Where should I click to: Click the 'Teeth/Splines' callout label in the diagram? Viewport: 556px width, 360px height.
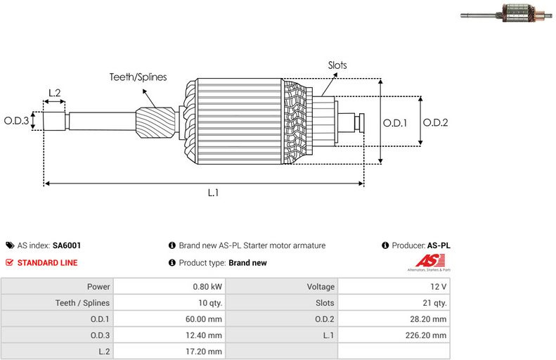[138, 77]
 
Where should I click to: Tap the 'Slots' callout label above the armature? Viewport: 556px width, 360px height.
[337, 65]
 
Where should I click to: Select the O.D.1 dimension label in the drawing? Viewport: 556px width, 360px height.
[395, 123]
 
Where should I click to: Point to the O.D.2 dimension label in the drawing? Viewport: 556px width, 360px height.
[435, 123]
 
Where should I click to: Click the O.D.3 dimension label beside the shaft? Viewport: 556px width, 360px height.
[16, 121]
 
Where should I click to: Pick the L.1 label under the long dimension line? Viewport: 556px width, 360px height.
[213, 193]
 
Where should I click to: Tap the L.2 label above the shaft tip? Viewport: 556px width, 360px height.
[55, 93]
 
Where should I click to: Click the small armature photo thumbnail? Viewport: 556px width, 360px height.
[506, 13]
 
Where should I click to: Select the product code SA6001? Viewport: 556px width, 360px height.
[67, 245]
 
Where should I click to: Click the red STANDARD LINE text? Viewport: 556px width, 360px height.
[48, 263]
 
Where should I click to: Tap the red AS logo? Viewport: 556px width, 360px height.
[430, 261]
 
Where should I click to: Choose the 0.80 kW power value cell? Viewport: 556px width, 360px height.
[169, 287]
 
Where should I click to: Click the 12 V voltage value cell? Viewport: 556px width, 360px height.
[394, 287]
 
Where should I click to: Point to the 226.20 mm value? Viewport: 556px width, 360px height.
[426, 335]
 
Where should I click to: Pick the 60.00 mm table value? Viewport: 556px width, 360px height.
[204, 319]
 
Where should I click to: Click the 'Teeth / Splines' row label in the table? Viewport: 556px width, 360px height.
[83, 303]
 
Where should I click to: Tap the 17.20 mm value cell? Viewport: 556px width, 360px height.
[169, 352]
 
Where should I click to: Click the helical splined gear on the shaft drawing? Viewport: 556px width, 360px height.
[155, 123]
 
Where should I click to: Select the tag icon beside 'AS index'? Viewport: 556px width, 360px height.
[10, 245]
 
